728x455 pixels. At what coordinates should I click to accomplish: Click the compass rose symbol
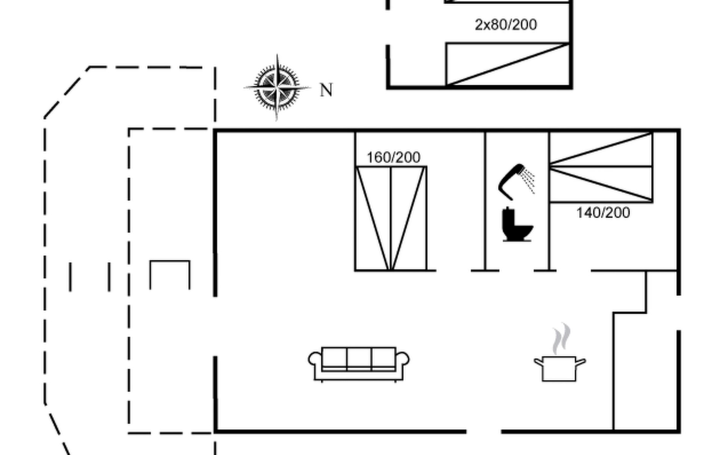pyautogui.click(x=277, y=88)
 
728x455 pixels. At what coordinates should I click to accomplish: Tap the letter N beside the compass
pyautogui.click(x=326, y=90)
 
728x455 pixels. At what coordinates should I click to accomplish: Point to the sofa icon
pyautogui.click(x=359, y=363)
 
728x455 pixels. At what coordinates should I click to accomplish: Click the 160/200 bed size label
pyautogui.click(x=394, y=157)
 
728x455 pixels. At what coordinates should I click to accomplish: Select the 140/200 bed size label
pyautogui.click(x=603, y=213)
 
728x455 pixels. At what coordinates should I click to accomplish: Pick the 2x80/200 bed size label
pyautogui.click(x=506, y=25)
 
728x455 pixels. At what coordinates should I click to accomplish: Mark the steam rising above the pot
pyautogui.click(x=561, y=338)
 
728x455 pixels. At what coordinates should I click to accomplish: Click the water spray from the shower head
pyautogui.click(x=528, y=180)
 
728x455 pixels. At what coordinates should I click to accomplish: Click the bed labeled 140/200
pyautogui.click(x=601, y=167)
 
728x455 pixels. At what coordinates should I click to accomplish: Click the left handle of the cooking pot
pyautogui.click(x=538, y=362)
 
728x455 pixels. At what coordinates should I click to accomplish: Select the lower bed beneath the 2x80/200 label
pyautogui.click(x=508, y=64)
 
